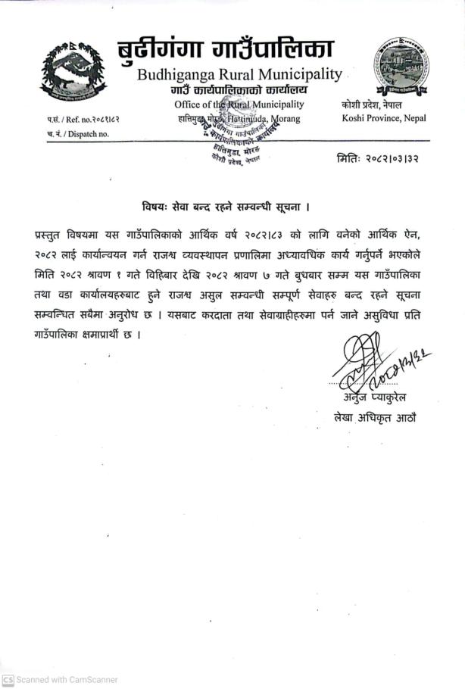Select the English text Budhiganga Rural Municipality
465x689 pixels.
coord(239,75)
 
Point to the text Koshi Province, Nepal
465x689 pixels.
coord(383,118)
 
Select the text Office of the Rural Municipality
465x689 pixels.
coord(239,104)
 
